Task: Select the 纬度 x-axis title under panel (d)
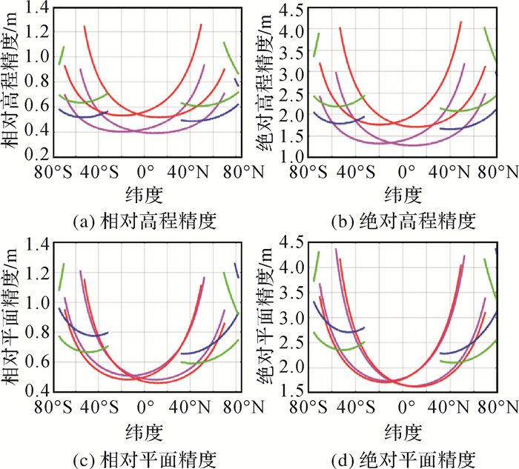point(403,430)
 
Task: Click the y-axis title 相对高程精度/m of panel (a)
point(13,85)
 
